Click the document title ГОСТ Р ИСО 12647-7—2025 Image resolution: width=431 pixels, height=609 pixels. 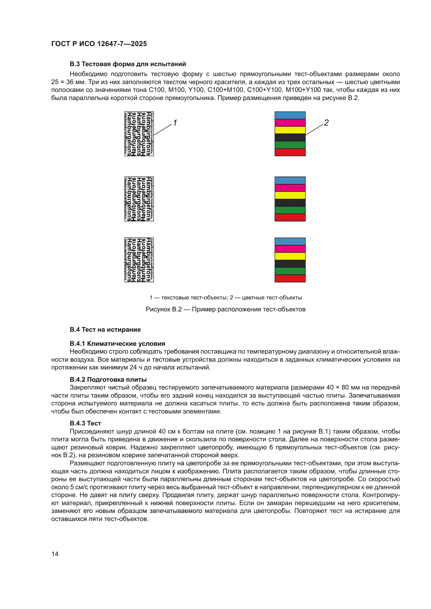click(x=99, y=44)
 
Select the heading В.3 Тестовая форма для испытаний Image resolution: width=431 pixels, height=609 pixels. click(x=128, y=64)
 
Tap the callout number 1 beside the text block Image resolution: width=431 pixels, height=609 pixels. click(x=175, y=123)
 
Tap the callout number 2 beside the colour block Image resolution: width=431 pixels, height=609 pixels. click(x=326, y=123)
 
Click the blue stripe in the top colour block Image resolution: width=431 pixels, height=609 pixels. click(x=290, y=115)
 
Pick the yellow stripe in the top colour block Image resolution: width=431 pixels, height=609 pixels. click(x=290, y=130)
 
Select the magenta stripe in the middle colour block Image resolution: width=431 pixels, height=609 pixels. click(x=290, y=188)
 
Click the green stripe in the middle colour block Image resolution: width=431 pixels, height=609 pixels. click(x=290, y=210)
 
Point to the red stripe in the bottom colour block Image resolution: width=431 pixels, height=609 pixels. click(x=290, y=279)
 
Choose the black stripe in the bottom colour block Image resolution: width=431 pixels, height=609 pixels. click(x=290, y=264)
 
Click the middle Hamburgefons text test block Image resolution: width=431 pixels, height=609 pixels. click(x=139, y=199)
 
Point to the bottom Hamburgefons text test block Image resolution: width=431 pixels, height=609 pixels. click(x=139, y=260)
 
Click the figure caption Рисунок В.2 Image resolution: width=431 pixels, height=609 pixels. click(x=225, y=309)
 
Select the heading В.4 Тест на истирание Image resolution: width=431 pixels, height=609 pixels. click(x=105, y=330)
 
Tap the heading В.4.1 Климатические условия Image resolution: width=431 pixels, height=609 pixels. click(x=117, y=344)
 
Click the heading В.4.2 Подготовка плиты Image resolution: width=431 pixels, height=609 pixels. click(x=108, y=380)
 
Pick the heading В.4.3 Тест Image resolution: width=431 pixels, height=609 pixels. click(x=85, y=423)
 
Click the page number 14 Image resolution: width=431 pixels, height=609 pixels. click(x=55, y=554)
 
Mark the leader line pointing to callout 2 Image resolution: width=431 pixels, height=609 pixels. click(x=315, y=129)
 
